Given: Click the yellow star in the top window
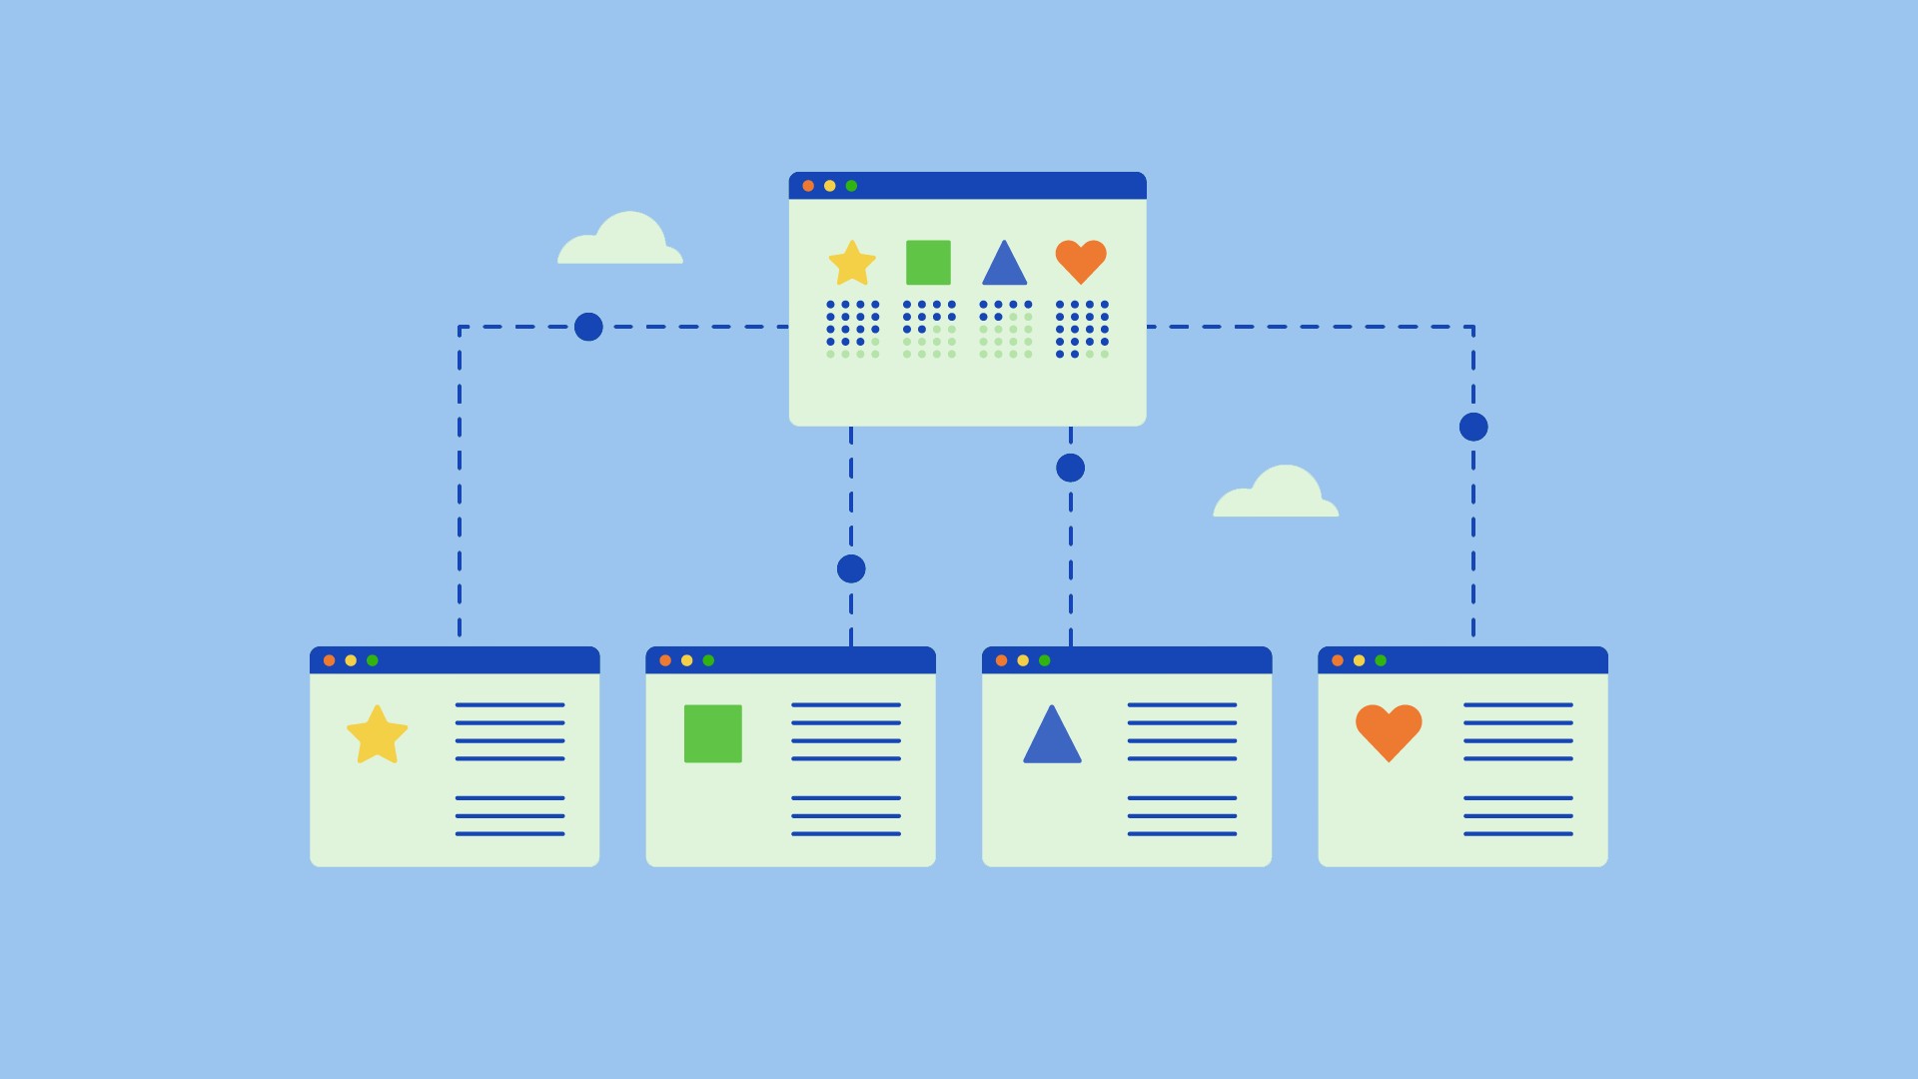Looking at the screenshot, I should [x=852, y=264].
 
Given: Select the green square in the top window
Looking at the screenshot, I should [x=928, y=262].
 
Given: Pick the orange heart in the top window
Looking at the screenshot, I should [x=1081, y=261].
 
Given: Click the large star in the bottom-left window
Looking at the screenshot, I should [x=377, y=735].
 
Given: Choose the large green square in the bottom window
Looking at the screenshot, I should [x=712, y=733].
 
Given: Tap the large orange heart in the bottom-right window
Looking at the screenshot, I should [x=1389, y=731].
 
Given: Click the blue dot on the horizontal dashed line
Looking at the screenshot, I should [x=588, y=327].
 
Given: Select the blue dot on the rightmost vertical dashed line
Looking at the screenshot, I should [x=1473, y=427].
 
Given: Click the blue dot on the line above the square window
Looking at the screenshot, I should [x=851, y=568].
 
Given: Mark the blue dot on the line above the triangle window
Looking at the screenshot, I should [x=1070, y=468].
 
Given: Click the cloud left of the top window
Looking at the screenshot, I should [x=621, y=242].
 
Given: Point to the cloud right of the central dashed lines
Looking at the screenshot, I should [x=1277, y=495].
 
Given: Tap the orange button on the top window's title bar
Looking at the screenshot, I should [x=808, y=186].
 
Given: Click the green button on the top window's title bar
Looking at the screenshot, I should [x=851, y=186].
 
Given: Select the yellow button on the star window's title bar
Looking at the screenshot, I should [x=351, y=660].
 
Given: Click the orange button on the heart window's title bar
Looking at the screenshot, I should [x=1338, y=660].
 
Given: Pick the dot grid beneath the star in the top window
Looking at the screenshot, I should [x=852, y=329].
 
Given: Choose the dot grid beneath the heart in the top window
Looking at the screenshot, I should [x=1082, y=329].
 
